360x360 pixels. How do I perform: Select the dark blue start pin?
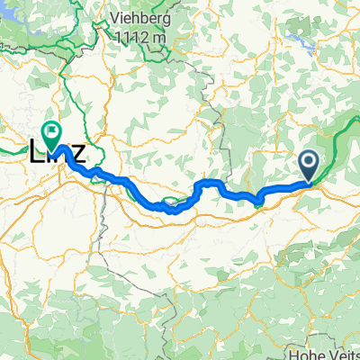coord(309,165)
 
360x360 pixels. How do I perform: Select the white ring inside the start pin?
coord(309,162)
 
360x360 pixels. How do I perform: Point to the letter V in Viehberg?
coord(112,19)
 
